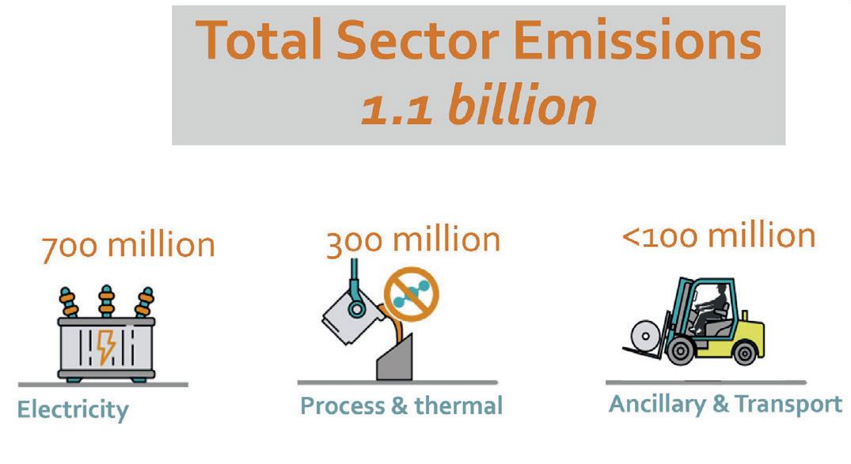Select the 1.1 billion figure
[479, 104]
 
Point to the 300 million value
[413, 240]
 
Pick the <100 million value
[719, 236]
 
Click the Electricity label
[73, 409]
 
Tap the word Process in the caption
[343, 406]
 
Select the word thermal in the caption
[458, 406]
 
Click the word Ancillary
[658, 405]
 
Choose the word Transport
[788, 404]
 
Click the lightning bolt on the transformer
[106, 347]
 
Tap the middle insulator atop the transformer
[106, 301]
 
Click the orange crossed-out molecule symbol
[412, 294]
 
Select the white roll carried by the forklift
[645, 335]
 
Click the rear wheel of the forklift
[745, 353]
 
